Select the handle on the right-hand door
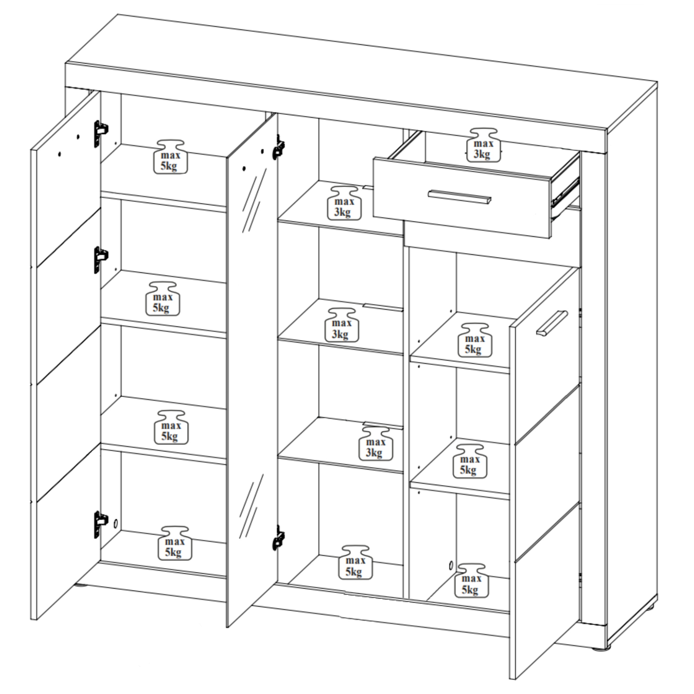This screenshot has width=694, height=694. coord(552,323)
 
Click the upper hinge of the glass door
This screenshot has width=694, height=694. coord(278,147)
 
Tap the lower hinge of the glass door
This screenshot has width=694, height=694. coord(278,538)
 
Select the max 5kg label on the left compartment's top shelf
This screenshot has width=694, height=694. coord(170,157)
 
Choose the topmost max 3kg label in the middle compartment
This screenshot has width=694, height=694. coord(344,203)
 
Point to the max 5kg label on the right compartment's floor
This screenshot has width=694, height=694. coord(471,581)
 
